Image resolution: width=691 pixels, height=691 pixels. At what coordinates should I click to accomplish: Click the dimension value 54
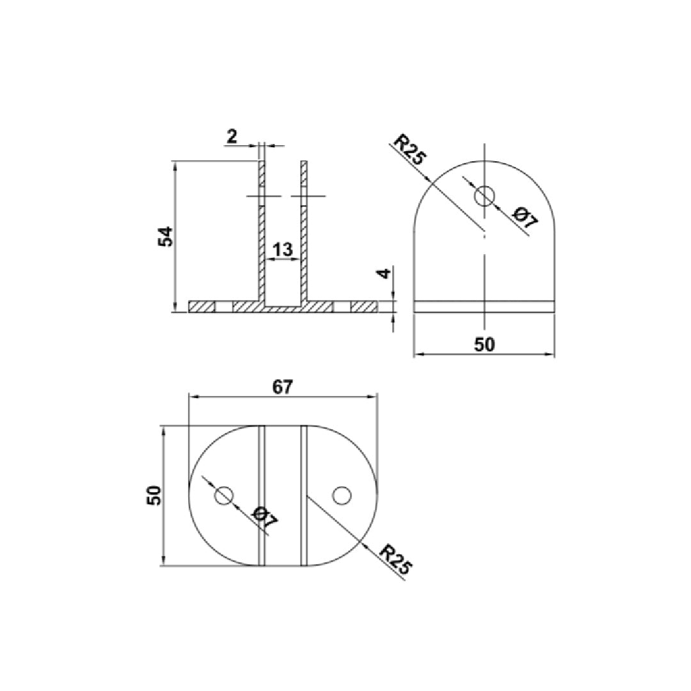pos(166,236)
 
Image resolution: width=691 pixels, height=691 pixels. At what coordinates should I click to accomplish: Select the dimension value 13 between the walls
pos(282,249)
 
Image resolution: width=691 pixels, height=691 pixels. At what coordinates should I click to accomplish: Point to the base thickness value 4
pos(384,273)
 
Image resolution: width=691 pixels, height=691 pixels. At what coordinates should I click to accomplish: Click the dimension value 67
pos(282,386)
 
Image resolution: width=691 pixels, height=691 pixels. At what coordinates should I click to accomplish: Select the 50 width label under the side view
pos(484,344)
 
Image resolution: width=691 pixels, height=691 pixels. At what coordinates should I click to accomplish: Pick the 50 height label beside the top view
pos(154,495)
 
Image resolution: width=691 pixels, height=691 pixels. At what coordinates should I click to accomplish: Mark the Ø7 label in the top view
pos(265,517)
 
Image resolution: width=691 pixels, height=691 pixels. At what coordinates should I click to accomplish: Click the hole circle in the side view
pos(484,195)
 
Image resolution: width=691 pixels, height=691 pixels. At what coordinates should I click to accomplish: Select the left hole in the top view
pos(223,495)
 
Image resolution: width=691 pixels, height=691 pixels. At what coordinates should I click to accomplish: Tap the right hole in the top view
pos(342,495)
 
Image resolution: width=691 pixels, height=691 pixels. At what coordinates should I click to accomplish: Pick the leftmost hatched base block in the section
pos(201,306)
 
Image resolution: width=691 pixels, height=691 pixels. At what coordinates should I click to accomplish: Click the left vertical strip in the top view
pos(261,495)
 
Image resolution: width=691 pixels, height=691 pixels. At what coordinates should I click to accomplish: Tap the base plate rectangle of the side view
pos(484,306)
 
